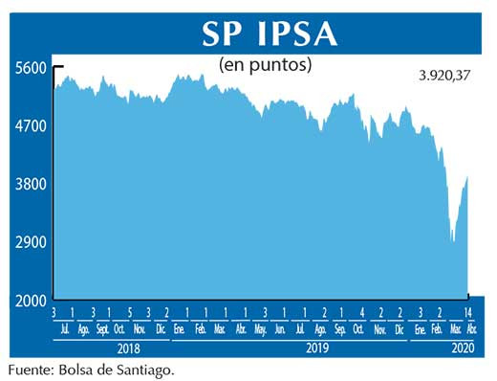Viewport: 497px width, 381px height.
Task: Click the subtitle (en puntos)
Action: click(x=267, y=65)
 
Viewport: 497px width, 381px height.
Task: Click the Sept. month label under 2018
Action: click(x=102, y=329)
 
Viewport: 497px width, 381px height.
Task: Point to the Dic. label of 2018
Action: click(x=161, y=329)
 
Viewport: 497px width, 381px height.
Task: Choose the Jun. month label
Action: click(x=280, y=329)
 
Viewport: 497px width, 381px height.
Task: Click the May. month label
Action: click(x=260, y=329)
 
